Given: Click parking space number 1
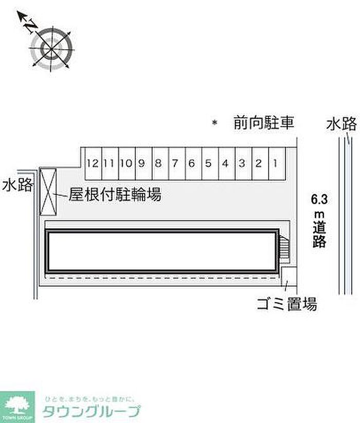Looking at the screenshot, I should pyautogui.click(x=276, y=164).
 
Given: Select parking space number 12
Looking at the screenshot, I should pyautogui.click(x=93, y=164).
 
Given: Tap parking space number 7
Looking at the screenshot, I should pyautogui.click(x=175, y=164).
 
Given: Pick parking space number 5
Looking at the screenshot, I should pyautogui.click(x=208, y=164).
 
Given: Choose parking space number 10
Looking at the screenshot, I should pyautogui.click(x=126, y=164).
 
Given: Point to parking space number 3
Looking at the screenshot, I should pyautogui.click(x=242, y=164).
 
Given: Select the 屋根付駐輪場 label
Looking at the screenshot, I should pyautogui.click(x=115, y=195).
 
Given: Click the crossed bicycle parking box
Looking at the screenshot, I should pyautogui.click(x=48, y=191).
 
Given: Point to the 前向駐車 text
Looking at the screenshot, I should pyautogui.click(x=263, y=123).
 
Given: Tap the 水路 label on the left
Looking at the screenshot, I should pyautogui.click(x=17, y=185).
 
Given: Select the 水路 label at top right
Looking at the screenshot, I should pyautogui.click(x=341, y=124).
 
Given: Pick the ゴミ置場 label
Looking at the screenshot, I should pyautogui.click(x=287, y=304).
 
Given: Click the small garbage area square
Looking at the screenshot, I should pyautogui.click(x=289, y=275).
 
